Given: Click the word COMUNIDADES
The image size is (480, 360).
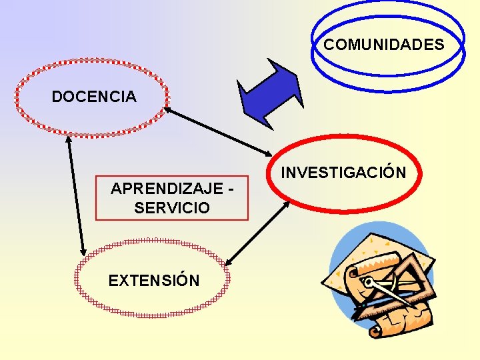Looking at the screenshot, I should tap(383, 45).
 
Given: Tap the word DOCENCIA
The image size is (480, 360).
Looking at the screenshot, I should tap(94, 97).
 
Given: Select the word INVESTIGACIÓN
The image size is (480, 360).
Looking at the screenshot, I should tap(343, 173).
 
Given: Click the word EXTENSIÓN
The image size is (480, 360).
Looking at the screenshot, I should tap(154, 281).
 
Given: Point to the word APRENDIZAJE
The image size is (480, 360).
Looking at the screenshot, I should tap(167, 189).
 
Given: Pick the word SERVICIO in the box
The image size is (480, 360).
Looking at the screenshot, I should tap(172, 208).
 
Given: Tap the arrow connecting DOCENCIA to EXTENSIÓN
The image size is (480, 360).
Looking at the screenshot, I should tap(76, 197).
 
